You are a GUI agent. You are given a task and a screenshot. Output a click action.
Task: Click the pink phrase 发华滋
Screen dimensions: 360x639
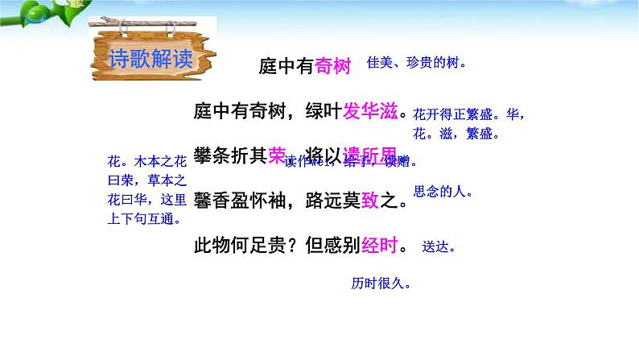pos(370,112)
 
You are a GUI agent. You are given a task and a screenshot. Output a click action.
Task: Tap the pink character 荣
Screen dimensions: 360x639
pos(276,155)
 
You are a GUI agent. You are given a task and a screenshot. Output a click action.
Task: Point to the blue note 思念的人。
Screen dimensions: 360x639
pos(443,192)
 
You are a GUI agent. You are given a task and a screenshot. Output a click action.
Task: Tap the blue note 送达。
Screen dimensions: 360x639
pos(439,248)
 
